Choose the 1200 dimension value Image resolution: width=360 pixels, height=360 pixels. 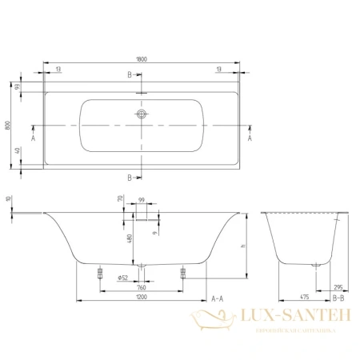pos(142,298)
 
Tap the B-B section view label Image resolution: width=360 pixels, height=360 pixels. pos(338,298)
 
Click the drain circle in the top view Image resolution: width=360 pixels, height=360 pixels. pos(142,114)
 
